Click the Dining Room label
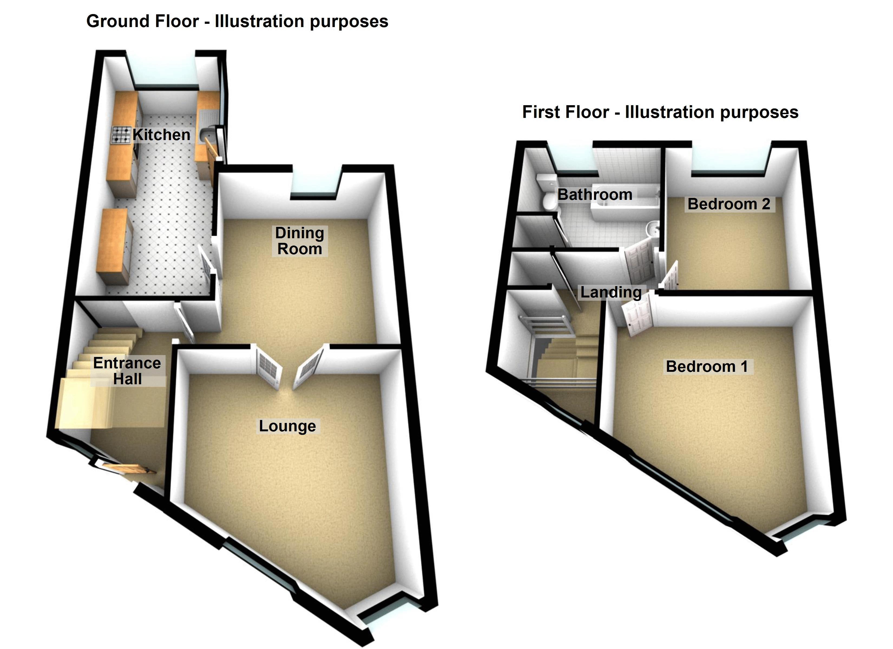coord(299,241)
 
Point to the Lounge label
coord(287,426)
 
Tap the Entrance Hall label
coord(127,371)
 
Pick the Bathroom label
coord(595,194)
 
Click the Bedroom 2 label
coord(729,204)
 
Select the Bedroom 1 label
coord(707,366)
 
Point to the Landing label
coord(611,292)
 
